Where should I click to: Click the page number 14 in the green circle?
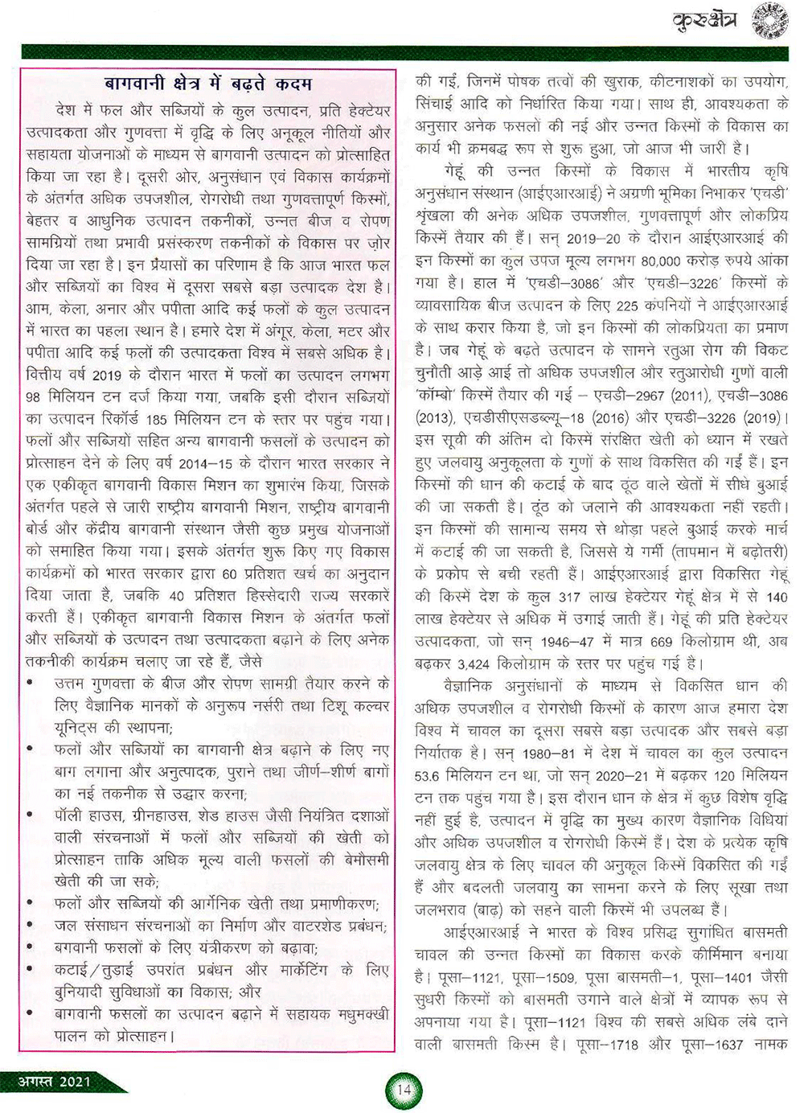(404, 1090)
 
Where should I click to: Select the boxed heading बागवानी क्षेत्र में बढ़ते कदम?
(208, 84)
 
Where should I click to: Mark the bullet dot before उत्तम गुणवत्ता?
(30, 684)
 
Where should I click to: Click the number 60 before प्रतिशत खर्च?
(230, 574)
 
